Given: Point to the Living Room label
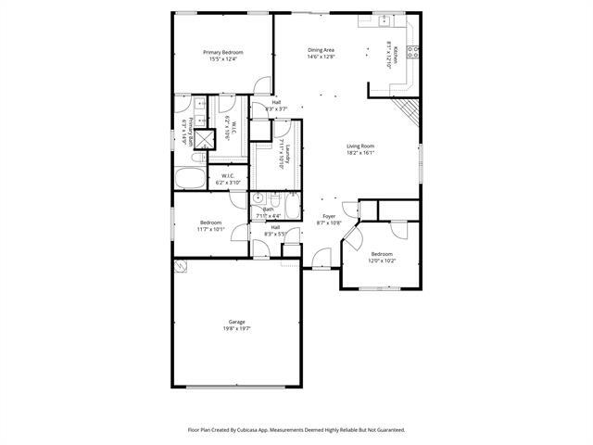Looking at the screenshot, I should click(360, 146).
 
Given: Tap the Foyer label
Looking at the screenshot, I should click(329, 217).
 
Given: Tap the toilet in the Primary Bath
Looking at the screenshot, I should click(182, 121).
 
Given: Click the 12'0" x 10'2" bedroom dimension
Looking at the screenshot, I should click(382, 261).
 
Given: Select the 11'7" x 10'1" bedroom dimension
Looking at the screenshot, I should click(211, 228).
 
